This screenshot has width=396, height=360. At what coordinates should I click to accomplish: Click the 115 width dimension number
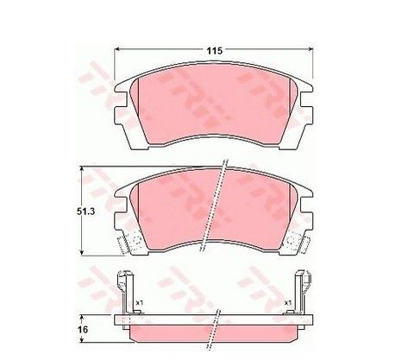click(215, 51)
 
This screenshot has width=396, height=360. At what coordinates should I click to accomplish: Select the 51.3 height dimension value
click(85, 212)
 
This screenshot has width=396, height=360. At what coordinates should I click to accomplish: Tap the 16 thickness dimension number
click(84, 330)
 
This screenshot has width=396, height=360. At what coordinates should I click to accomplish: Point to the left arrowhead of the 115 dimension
click(117, 49)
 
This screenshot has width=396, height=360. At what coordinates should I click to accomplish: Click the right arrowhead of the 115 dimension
click(310, 49)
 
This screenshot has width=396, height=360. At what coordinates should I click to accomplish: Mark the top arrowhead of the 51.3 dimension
click(82, 169)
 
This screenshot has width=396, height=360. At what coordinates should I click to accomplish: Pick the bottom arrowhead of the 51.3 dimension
click(82, 252)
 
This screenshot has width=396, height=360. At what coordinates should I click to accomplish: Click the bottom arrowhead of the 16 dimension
click(82, 339)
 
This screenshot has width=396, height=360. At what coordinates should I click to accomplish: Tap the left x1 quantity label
click(140, 303)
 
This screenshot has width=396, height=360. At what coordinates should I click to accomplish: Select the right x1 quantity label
click(288, 303)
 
